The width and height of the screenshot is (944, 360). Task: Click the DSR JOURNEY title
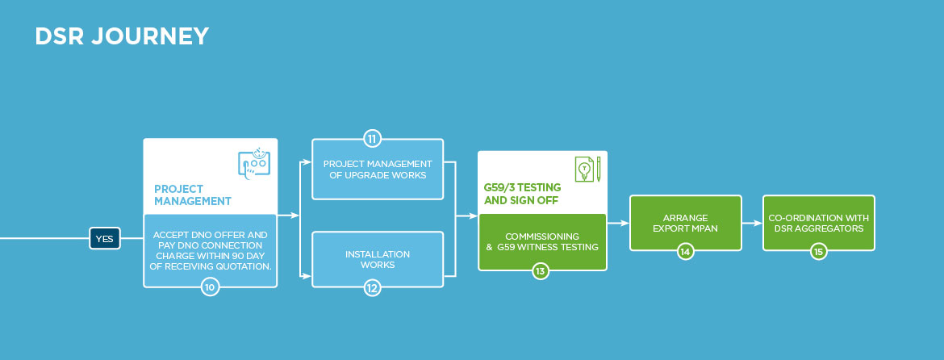pos(122,36)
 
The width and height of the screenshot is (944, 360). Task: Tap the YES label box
pos(105,238)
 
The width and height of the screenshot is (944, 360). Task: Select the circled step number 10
pos(210,287)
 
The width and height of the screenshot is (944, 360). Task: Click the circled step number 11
pos(372,139)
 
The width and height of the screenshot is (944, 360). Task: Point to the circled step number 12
pos(372,287)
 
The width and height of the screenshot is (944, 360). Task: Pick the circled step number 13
pos(541,270)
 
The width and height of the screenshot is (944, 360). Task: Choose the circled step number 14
pos(685,252)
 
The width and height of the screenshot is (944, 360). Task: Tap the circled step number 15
pos(819,252)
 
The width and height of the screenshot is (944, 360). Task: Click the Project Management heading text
pos(193,195)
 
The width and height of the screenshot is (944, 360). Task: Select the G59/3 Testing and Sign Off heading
pos(522,194)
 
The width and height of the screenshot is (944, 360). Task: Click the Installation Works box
pos(378,259)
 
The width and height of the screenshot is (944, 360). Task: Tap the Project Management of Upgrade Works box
pos(378,170)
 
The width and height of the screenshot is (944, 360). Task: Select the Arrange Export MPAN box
pos(685,223)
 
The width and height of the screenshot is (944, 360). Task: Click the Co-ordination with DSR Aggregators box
pos(819,223)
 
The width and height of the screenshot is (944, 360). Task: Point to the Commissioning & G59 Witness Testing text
pos(542,241)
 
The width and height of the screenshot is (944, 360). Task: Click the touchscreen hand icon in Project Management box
pos(254,164)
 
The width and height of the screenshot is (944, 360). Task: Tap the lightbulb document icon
pos(587,170)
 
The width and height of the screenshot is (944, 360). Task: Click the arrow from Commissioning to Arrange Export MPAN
pos(618,223)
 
